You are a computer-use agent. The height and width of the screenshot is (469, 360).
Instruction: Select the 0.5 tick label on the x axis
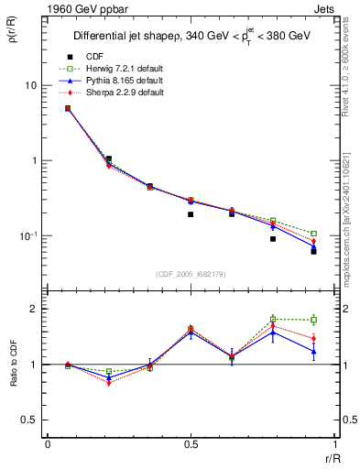[x=190, y=443]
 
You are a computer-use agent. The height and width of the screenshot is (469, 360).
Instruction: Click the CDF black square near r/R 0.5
[x=191, y=214]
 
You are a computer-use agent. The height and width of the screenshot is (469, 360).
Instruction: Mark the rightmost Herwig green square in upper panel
[x=313, y=234]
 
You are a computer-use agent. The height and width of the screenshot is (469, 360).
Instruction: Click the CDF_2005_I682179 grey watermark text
[x=190, y=272]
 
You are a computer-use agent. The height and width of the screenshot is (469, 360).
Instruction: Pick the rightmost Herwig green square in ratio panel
[x=313, y=320]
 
